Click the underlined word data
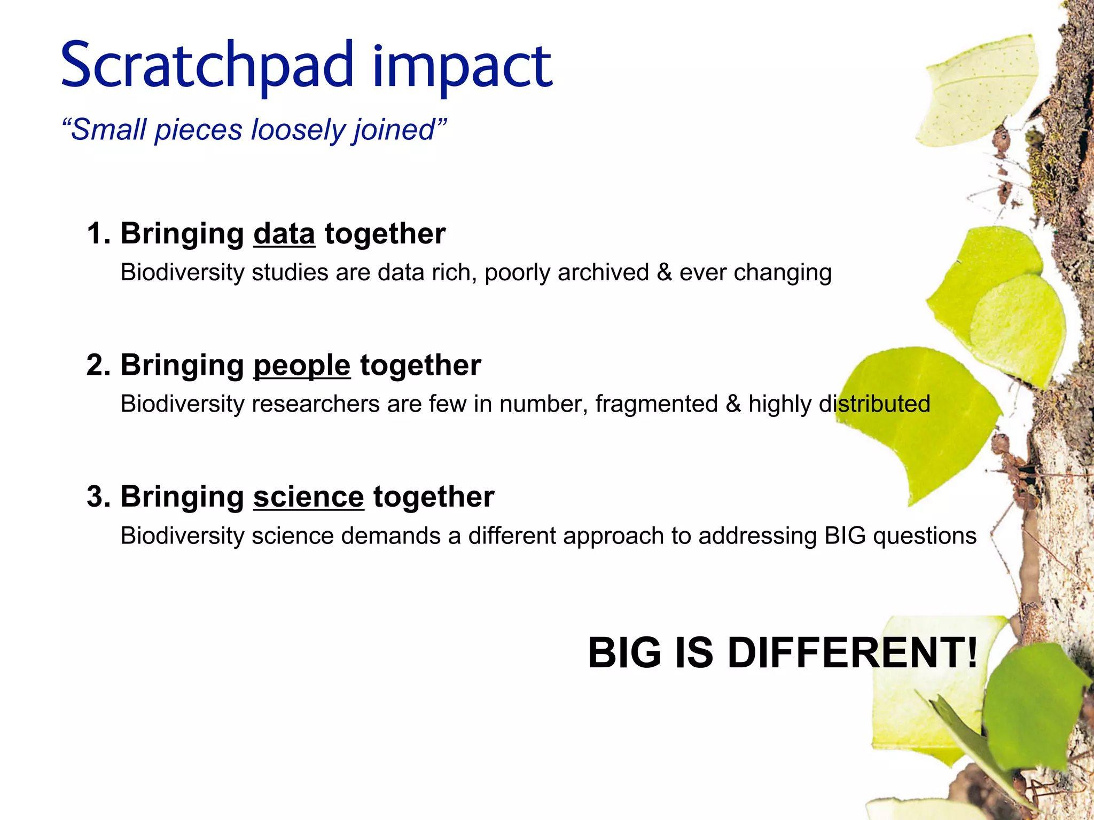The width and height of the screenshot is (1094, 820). (x=284, y=234)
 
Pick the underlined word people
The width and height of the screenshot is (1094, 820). (x=302, y=366)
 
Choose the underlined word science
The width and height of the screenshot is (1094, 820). (x=308, y=497)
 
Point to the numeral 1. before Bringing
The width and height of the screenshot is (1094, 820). (x=98, y=234)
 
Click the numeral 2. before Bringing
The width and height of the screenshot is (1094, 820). (x=98, y=366)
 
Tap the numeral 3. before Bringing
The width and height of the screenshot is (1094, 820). (x=98, y=497)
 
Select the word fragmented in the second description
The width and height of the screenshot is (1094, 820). (x=657, y=404)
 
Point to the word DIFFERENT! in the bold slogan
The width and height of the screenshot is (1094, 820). (x=853, y=653)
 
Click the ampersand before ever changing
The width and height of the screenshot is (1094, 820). (x=664, y=272)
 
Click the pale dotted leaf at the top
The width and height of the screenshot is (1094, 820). (x=978, y=91)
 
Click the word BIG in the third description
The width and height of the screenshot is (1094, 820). (x=845, y=536)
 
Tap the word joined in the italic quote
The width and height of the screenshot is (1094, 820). (x=398, y=131)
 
